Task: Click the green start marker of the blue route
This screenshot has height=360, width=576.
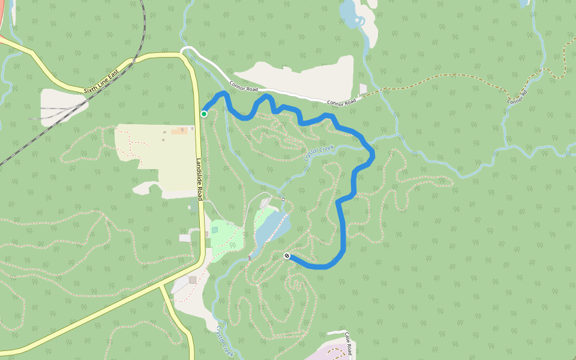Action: [x=204, y=114]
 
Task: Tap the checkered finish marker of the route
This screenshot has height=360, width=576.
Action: [x=287, y=256]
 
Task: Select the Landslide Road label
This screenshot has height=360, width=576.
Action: [x=199, y=179]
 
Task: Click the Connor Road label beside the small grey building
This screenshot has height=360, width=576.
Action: [x=341, y=102]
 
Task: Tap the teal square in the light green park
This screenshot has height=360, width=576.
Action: [x=215, y=230]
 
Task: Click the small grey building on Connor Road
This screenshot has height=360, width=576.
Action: [x=362, y=89]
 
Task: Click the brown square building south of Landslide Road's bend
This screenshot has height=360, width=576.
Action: [x=193, y=280]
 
